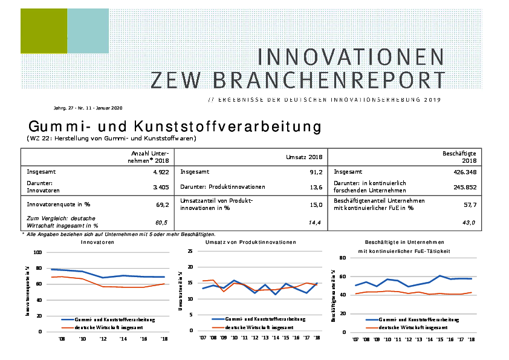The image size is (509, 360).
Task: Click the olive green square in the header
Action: tap(44, 31)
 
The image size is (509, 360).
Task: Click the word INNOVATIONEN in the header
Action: tap(351, 57)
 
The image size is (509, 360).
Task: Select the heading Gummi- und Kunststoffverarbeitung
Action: tap(174, 127)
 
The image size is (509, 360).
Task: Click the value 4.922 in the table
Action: tap(159, 172)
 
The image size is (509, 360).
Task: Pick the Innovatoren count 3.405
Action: tap(159, 187)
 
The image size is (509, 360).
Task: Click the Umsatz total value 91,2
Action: tap(314, 172)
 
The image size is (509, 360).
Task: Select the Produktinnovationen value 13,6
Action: tap(314, 187)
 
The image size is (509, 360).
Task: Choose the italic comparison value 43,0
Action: tap(469, 223)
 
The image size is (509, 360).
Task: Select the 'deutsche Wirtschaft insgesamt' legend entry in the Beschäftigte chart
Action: tap(415, 326)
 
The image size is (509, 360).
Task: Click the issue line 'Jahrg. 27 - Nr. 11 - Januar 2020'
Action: tap(88, 108)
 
